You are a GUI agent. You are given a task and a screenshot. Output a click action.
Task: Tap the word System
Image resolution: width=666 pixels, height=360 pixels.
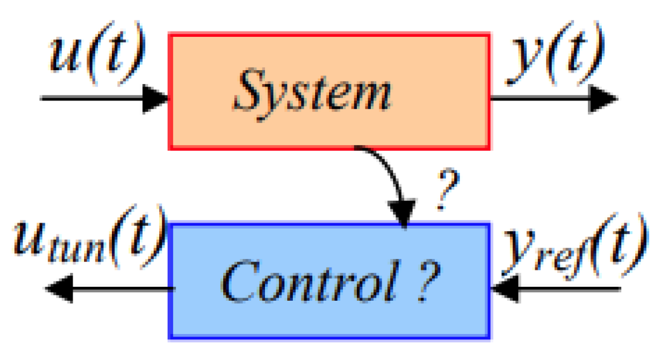tap(312, 93)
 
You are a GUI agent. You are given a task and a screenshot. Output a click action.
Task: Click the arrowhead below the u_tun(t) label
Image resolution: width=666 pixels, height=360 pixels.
tap(60, 289)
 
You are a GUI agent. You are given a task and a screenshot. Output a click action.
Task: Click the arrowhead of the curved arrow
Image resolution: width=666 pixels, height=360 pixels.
tap(403, 215)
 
